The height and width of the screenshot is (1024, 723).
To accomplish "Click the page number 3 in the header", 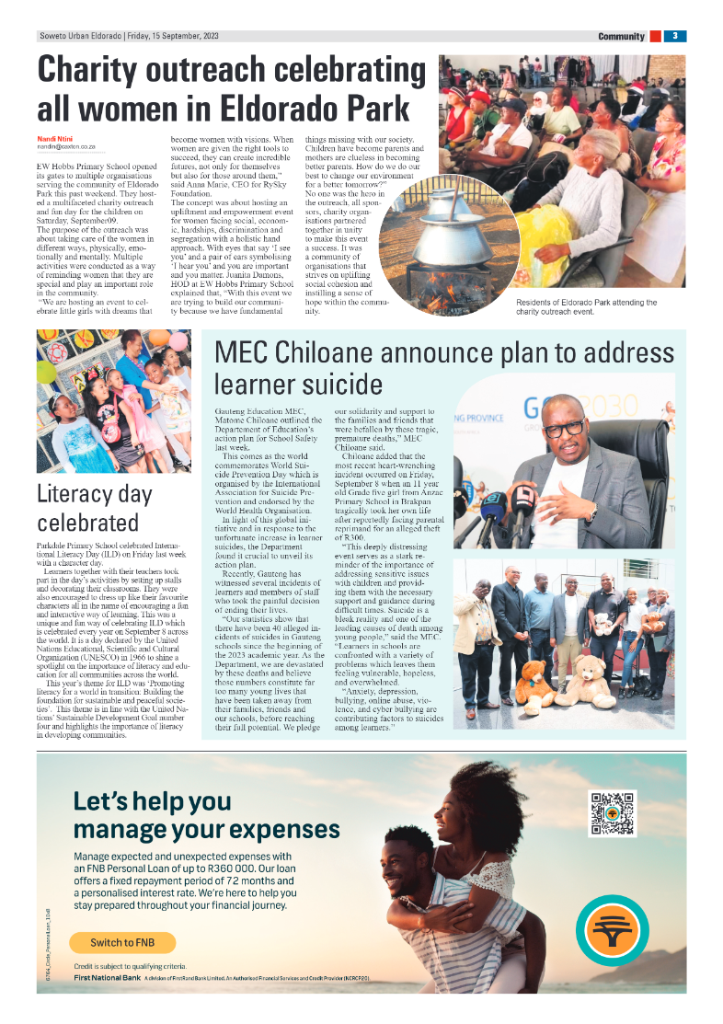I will tap(674, 36).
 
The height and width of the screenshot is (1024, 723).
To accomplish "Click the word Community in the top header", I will tap(621, 37).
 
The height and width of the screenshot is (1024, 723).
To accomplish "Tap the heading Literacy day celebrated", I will tap(95, 508).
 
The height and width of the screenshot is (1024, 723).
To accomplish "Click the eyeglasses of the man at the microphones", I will tap(562, 430).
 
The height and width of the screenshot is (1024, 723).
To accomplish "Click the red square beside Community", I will tap(655, 36).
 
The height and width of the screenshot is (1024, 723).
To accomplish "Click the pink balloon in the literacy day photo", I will tap(178, 340).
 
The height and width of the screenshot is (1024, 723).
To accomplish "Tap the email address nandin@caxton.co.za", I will tap(66, 146).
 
